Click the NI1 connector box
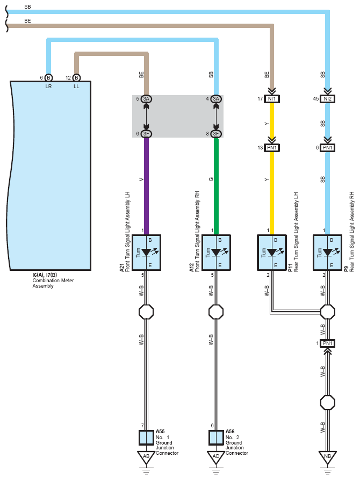[271, 99]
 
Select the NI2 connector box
[328, 99]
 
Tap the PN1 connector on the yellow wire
[271, 148]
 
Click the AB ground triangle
[146, 456]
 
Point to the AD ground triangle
[216, 456]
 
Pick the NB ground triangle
[328, 456]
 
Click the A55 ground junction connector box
[146, 438]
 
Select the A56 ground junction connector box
[216, 438]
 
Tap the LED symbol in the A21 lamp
[149, 252]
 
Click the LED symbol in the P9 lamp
[330, 252]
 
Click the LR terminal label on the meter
[48, 87]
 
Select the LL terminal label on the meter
[76, 87]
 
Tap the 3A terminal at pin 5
[146, 98]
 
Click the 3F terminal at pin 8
[216, 133]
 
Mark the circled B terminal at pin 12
[76, 78]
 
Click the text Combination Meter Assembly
[53, 283]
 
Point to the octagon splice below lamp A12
[216, 312]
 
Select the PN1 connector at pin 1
[328, 343]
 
